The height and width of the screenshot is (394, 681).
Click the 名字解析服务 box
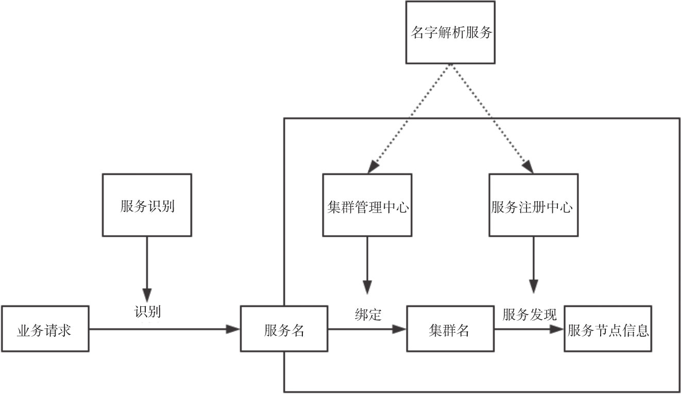tap(450, 32)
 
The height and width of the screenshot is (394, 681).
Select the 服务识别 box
tap(147, 205)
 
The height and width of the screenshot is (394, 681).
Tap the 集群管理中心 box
tap(367, 205)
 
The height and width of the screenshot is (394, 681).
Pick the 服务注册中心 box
tap(533, 205)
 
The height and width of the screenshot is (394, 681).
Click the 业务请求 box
tap(45, 329)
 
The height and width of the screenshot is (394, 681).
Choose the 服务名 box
tap(284, 329)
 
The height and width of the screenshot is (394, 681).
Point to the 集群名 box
tap(449, 329)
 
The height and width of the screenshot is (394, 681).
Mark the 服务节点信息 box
tap(608, 329)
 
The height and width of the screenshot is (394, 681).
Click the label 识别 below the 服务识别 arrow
tap(148, 311)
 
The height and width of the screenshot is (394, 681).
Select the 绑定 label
tap(368, 315)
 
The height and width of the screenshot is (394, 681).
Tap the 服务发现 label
tap(530, 314)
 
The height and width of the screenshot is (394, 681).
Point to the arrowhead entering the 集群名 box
tap(400, 329)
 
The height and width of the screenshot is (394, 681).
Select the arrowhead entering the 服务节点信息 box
tap(558, 329)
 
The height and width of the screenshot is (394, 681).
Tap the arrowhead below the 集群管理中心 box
tap(367, 288)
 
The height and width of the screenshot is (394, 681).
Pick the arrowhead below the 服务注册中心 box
tap(533, 288)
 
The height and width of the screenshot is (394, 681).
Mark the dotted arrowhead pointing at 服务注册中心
tap(527, 167)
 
